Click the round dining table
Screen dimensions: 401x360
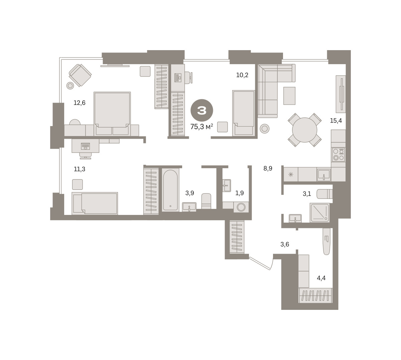304,130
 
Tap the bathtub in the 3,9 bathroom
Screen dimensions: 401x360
170,190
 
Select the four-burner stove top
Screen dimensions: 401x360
339,154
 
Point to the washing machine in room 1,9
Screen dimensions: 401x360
241,207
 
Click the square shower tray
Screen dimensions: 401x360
319,213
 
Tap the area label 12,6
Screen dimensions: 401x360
80,103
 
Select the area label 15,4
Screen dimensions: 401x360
336,120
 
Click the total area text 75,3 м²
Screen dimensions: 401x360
202,126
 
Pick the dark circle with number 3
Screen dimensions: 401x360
202,110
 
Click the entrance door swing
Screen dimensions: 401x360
261,263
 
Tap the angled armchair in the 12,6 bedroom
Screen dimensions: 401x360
80,75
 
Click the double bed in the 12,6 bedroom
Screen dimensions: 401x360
112,114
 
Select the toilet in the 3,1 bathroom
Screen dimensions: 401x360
324,194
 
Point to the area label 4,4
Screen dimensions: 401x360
321,278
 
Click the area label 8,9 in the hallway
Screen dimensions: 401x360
268,168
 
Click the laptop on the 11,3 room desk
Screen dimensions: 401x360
86,146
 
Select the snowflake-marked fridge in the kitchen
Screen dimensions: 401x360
291,174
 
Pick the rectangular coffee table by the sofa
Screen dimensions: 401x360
289,96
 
